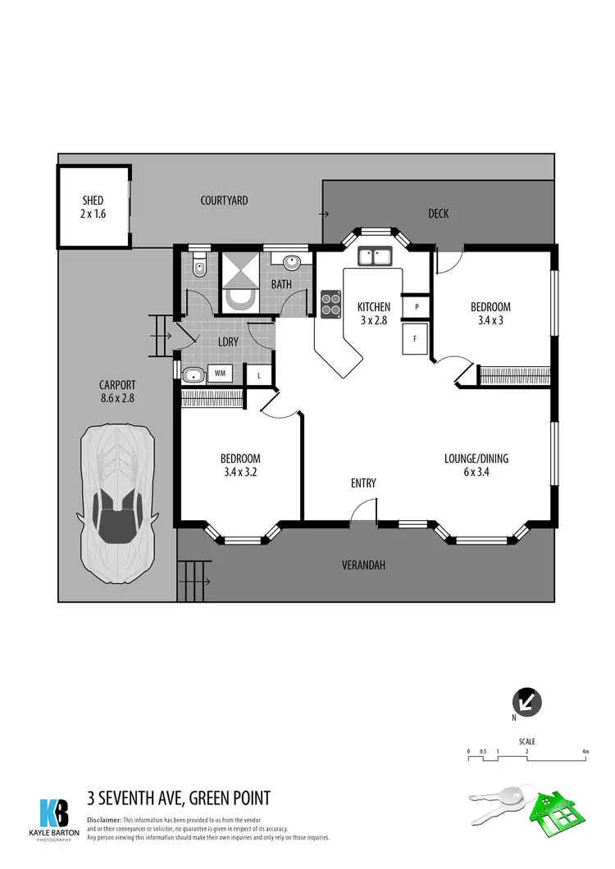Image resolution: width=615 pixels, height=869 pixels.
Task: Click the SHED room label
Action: [x=93, y=201]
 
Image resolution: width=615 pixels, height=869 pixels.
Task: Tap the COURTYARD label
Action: [x=224, y=201]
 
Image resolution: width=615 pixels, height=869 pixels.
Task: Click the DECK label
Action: [x=439, y=214]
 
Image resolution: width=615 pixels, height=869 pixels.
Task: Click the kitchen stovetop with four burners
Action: [x=330, y=304]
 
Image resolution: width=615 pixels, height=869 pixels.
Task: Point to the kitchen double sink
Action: [x=377, y=257]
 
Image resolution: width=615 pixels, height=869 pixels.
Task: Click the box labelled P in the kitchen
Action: [x=417, y=306]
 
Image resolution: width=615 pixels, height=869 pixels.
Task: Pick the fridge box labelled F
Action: [x=415, y=337]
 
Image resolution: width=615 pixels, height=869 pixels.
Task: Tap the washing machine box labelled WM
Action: [x=220, y=373]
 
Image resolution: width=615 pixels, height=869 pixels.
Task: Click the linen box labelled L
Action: [x=260, y=375]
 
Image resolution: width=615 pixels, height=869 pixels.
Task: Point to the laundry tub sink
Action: [x=194, y=375]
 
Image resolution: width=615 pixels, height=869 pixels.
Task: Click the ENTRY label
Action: [x=363, y=483]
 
